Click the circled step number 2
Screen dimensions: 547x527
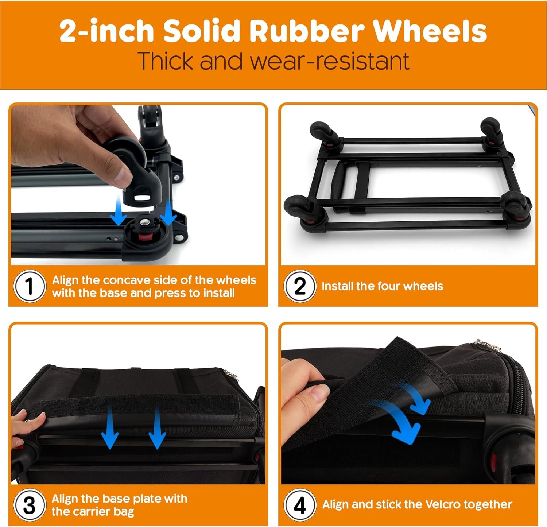[300, 286]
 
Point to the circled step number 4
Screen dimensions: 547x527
[300, 505]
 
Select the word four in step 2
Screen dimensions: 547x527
[389, 286]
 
